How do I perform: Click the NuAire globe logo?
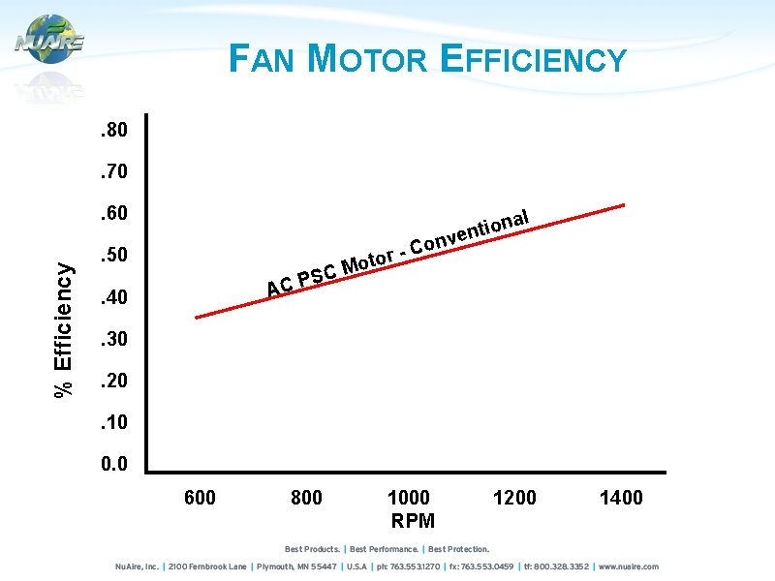click(49, 40)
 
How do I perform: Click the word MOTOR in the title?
click(366, 60)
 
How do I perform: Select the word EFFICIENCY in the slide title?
click(533, 60)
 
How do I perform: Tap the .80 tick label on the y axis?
click(114, 130)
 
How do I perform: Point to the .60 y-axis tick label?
click(114, 213)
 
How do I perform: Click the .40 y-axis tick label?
click(114, 297)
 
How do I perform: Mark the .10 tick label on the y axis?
click(114, 423)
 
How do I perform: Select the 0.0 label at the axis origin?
click(114, 465)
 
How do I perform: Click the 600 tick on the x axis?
click(200, 498)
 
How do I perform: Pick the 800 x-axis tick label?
click(306, 498)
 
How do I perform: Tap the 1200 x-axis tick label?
click(514, 498)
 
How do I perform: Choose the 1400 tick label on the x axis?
click(621, 498)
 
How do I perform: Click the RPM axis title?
click(413, 521)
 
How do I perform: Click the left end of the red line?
click(197, 318)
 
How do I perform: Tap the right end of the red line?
click(625, 205)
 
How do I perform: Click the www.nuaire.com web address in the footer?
click(629, 566)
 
